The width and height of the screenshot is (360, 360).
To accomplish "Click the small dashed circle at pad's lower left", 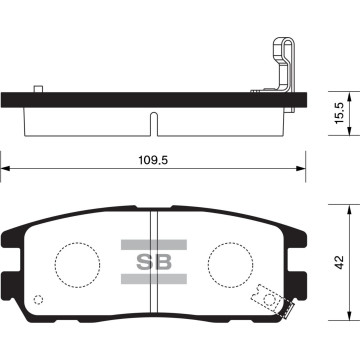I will pos(39,300).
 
